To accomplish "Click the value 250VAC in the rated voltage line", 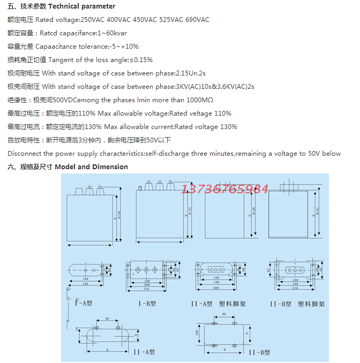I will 92,20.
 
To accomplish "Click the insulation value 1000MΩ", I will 200,100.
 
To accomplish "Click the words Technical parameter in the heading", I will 86,6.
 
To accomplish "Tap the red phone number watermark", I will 225,189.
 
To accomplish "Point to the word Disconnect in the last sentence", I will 23,154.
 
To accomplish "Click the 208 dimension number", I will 215,288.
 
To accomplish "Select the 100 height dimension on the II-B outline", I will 197,332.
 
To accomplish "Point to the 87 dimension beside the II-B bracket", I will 270,269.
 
